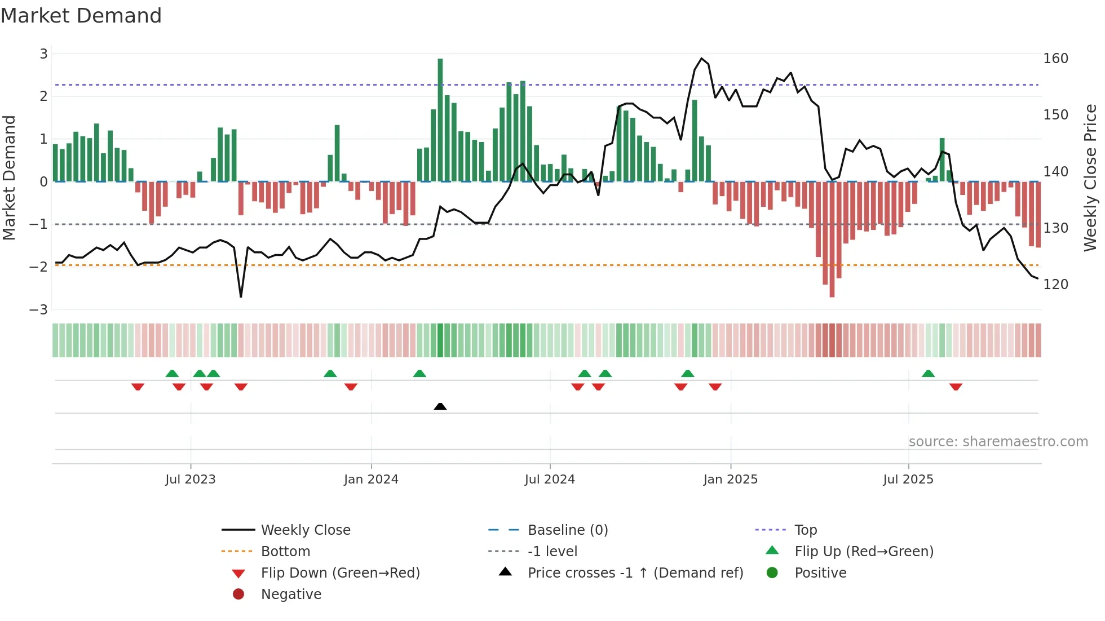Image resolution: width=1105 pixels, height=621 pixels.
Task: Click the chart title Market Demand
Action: [x=81, y=16]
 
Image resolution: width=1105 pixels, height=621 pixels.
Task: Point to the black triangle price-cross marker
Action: [x=440, y=406]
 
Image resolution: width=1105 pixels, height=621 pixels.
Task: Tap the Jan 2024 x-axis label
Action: [x=371, y=480]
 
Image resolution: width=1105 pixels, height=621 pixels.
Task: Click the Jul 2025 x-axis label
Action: [x=908, y=480]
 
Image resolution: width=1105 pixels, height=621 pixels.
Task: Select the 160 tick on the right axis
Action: [x=1055, y=59]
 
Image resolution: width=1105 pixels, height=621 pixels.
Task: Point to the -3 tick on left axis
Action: [x=38, y=309]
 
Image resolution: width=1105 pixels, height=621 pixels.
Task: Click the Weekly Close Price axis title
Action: [x=1090, y=178]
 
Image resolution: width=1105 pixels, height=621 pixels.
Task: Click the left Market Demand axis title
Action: [x=9, y=178]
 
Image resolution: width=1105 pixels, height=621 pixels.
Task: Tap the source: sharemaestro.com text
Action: [x=998, y=442]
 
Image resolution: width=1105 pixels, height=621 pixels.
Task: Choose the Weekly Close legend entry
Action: [x=305, y=530]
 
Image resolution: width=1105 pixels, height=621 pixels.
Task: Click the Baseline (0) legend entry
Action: [x=567, y=530]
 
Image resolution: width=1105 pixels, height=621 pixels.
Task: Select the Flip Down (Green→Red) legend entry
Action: [x=340, y=573]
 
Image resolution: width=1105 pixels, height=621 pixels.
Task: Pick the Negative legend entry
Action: [x=291, y=595]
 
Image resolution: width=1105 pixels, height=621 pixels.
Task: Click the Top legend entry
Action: [x=805, y=530]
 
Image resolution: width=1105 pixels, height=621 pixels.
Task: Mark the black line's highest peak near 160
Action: [x=701, y=59]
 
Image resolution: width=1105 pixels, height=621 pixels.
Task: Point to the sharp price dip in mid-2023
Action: [x=241, y=296]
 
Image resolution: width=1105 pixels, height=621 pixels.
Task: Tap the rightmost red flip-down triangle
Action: [x=956, y=387]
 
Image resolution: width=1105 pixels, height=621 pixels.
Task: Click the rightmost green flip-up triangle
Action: [x=928, y=374]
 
